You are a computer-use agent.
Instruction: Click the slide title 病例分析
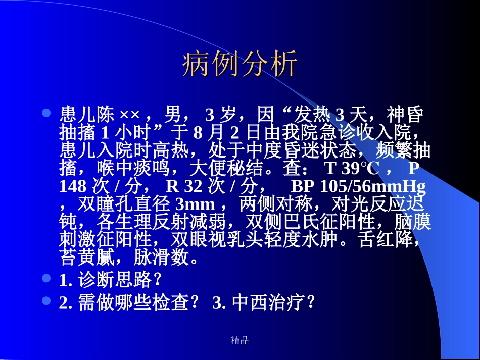[239, 64]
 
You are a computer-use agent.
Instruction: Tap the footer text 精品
[239, 340]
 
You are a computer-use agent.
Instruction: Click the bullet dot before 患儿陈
[46, 112]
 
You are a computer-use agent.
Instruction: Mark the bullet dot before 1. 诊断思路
[46, 278]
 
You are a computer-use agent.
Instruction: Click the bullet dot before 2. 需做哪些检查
[46, 301]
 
